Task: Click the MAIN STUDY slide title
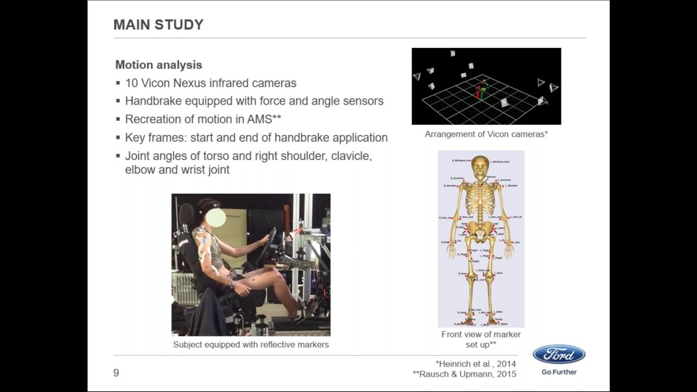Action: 158,24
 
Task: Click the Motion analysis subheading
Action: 158,65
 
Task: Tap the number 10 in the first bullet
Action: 131,83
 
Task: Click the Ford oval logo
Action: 559,355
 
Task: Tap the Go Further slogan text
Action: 559,372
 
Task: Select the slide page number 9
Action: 116,373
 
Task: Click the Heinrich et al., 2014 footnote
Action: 475,364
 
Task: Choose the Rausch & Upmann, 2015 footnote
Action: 464,374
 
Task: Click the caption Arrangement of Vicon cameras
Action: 486,134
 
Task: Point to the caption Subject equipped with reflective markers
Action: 250,345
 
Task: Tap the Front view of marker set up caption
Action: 481,339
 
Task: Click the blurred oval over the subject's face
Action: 216,218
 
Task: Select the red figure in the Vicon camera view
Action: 478,92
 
